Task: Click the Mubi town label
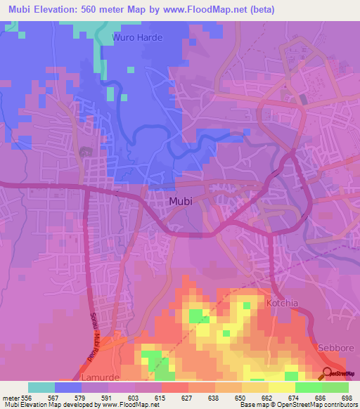181,202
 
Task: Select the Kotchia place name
283,304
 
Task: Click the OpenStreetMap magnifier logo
328,374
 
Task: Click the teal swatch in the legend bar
41,387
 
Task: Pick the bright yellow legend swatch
281,387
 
